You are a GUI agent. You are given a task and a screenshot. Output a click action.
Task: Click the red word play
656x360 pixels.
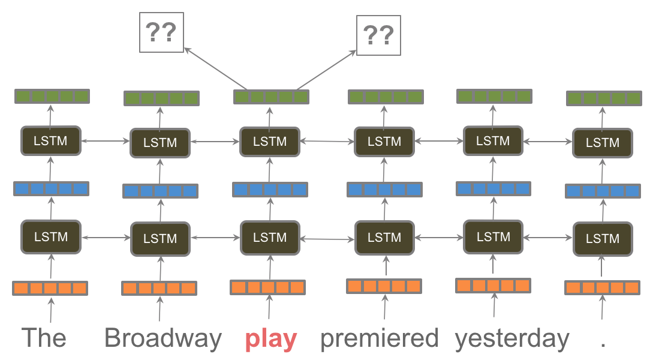(270, 340)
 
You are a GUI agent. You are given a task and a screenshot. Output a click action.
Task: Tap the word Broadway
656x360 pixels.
(163, 338)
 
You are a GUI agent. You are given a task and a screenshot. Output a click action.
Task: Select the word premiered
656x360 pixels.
(379, 338)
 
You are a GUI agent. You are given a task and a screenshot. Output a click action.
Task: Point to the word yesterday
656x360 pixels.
(511, 338)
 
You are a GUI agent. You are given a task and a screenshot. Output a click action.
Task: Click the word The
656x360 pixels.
(44, 338)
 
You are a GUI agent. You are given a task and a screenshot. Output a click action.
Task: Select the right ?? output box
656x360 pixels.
(378, 36)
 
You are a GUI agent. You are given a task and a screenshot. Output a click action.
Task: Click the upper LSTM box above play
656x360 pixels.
(270, 142)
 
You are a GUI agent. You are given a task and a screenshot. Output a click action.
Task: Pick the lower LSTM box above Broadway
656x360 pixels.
(160, 238)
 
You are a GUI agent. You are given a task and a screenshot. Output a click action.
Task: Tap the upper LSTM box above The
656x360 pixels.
(51, 142)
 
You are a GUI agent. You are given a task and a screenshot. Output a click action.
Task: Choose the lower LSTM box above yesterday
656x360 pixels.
(493, 237)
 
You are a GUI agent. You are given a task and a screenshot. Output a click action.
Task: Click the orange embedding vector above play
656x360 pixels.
(268, 287)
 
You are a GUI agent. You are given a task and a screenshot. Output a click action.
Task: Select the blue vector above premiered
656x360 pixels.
(384, 190)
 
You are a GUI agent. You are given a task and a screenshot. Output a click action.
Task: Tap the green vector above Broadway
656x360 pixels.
(161, 98)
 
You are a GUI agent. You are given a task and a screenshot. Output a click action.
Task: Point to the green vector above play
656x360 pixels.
(271, 96)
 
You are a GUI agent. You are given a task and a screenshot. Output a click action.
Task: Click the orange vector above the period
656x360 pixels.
(603, 287)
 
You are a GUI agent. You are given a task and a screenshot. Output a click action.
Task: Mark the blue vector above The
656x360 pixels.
(51, 188)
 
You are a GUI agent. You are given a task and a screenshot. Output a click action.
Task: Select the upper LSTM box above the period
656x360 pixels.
(602, 143)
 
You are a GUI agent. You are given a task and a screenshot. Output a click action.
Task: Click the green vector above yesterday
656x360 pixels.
(494, 96)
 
